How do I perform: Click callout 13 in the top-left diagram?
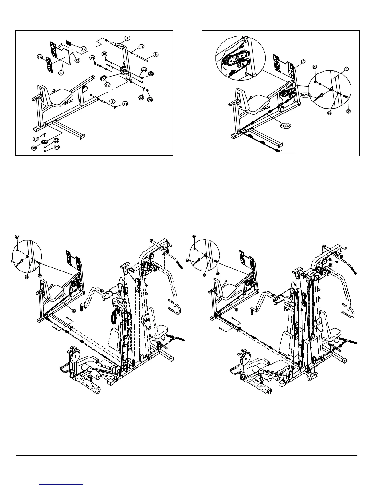pyautogui.click(x=40, y=57)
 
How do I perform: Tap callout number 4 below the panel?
pyautogui.click(x=61, y=73)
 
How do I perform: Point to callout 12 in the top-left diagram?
pyautogui.click(x=77, y=61)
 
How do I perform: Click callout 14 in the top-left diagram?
pyautogui.click(x=92, y=57)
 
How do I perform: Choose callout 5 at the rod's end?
pyautogui.click(x=155, y=54)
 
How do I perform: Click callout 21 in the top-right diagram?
pyautogui.click(x=348, y=112)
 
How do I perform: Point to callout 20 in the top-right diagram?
pyautogui.click(x=314, y=67)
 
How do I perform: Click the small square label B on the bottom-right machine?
pyautogui.click(x=331, y=259)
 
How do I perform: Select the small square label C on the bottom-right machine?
pyautogui.click(x=331, y=265)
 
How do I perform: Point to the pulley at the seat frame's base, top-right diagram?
pyautogui.click(x=243, y=131)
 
